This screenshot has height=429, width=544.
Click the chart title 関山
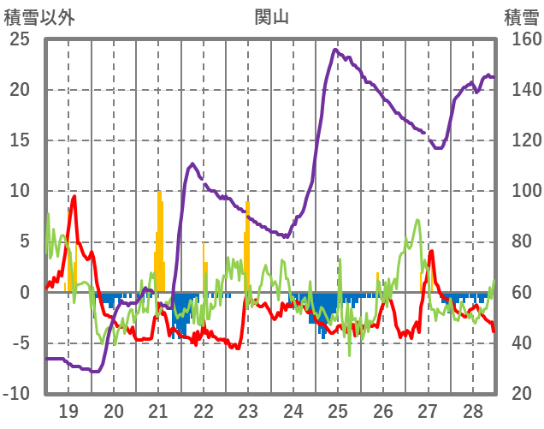[271, 15]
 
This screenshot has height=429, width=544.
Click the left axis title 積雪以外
[39, 15]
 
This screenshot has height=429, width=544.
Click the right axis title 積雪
[519, 15]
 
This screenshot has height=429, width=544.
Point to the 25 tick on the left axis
[19, 39]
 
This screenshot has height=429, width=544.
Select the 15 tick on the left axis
[19, 140]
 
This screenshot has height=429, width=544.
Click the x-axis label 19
[68, 409]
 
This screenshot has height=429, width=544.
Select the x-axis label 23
[248, 409]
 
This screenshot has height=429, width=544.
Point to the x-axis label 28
[471, 409]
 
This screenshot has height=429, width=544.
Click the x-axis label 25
[337, 409]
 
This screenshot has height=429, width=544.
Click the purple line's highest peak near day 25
[334, 50]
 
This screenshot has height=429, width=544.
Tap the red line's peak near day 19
[74, 196]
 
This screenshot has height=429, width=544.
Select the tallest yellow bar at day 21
[159, 192]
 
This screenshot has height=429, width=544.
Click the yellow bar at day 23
[247, 202]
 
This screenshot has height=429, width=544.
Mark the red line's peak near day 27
[432, 251]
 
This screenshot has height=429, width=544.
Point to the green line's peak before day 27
[417, 220]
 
